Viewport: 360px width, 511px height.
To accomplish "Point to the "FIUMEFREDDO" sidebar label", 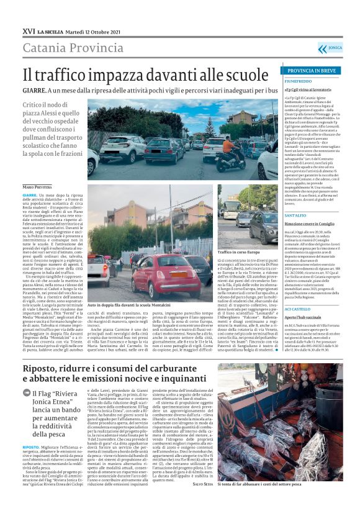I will [303, 81].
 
